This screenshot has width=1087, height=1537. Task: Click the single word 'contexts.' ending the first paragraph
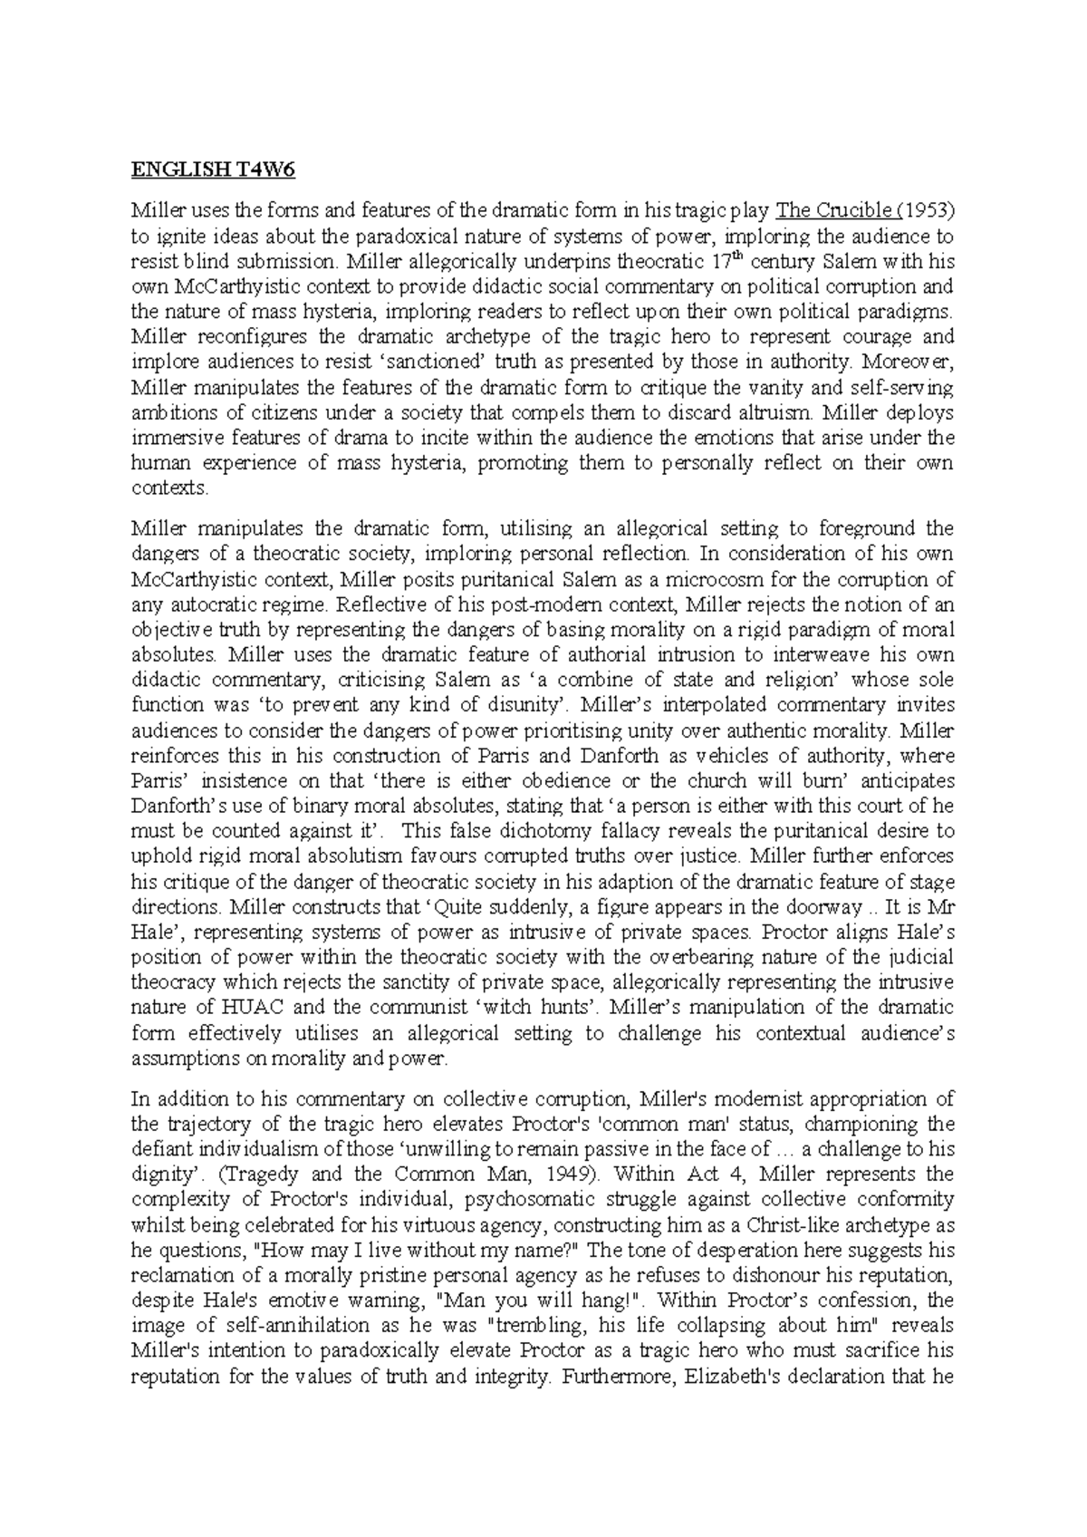coord(169,488)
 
